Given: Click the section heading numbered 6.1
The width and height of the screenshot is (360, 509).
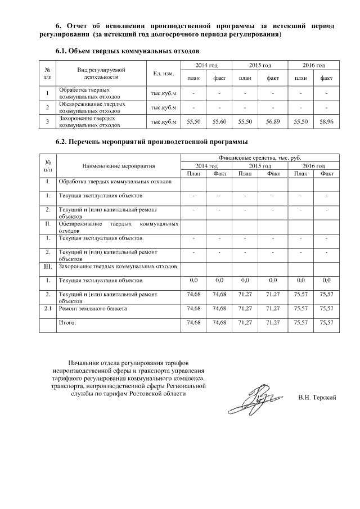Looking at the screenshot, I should [x=128, y=51].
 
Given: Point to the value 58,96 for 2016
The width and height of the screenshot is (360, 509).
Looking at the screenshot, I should [x=326, y=121].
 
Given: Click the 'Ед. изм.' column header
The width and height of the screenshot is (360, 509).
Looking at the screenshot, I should [x=163, y=74].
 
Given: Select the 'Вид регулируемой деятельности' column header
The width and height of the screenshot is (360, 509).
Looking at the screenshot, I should [x=101, y=74].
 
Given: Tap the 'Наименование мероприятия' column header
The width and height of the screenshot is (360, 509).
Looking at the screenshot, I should [x=119, y=166].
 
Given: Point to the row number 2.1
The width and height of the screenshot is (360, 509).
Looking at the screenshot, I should [x=48, y=309].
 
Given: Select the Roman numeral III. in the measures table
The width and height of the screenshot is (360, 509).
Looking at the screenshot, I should [x=48, y=265].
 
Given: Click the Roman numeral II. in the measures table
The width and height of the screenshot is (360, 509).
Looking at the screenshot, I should [x=48, y=223].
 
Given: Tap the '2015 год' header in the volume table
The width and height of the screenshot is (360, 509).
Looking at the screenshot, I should [x=260, y=66].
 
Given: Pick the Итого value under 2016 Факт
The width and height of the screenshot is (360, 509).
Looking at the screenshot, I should [x=326, y=323].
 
